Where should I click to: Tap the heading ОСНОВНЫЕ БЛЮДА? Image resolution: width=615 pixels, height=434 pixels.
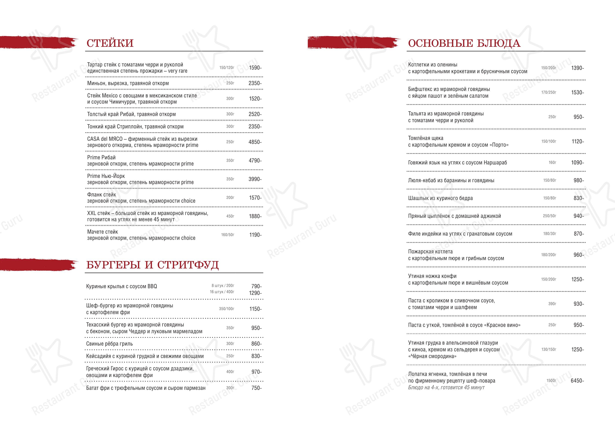(464, 43)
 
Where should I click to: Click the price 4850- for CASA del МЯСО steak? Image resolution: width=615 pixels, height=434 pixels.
(255, 142)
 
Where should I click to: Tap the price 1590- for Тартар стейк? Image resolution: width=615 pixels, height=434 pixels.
(255, 68)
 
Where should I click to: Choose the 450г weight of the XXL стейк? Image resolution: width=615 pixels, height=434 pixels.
(230, 216)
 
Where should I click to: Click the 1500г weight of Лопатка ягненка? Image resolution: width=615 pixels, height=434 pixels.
(551, 381)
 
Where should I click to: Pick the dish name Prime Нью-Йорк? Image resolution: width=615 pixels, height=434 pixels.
(106, 176)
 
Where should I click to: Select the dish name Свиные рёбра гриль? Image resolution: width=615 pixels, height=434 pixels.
(109, 344)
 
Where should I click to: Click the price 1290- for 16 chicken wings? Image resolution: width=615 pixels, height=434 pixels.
(255, 293)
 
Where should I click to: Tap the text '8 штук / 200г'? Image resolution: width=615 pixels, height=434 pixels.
(223, 286)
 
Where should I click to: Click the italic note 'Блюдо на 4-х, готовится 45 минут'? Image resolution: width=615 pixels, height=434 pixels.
(446, 387)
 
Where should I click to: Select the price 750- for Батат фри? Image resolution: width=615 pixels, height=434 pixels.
(256, 388)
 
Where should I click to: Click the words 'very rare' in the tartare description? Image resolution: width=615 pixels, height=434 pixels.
(178, 71)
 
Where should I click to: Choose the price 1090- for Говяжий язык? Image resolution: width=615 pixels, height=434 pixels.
(577, 163)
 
